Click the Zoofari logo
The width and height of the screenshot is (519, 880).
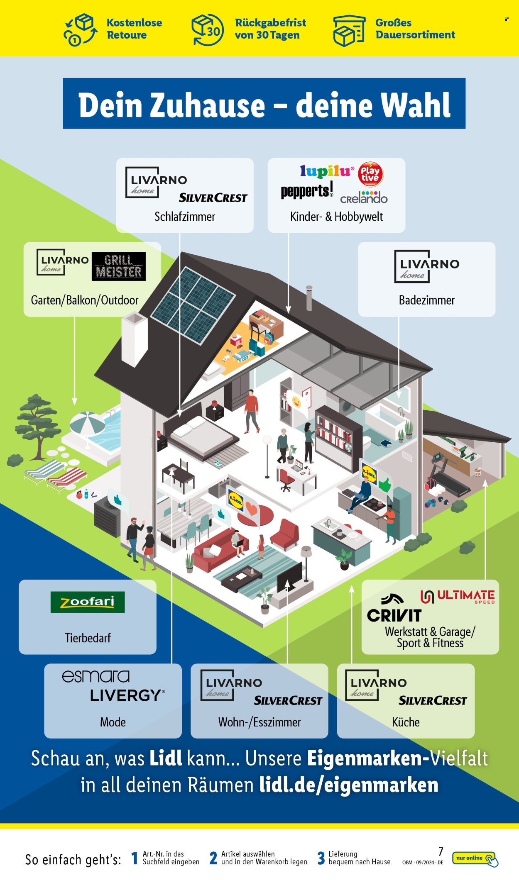point(88,602)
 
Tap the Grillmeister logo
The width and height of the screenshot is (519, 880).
point(119,266)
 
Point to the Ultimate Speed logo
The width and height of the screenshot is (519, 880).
point(458,597)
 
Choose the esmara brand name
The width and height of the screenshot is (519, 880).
point(95,676)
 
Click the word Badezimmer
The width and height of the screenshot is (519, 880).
point(426,300)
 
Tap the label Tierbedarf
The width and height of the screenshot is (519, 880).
point(88,638)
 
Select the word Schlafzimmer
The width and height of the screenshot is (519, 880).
point(185,217)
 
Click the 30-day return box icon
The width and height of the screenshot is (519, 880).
point(208,29)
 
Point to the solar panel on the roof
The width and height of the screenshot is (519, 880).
point(193,305)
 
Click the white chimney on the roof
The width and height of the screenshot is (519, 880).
point(135,339)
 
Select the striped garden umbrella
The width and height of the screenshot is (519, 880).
point(88,424)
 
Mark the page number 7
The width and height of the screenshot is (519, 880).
point(441,851)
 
